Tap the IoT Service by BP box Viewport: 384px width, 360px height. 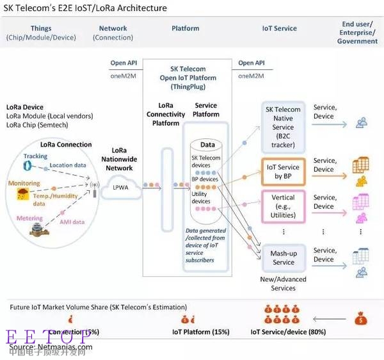click(x=283, y=171)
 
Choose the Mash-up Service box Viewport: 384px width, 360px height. click(x=283, y=258)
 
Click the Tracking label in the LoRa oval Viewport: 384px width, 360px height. click(x=36, y=156)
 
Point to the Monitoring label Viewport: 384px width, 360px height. click(x=24, y=184)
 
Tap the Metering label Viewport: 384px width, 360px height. click(x=29, y=218)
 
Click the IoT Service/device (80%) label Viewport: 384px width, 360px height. click(x=288, y=332)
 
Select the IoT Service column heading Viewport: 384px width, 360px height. click(x=279, y=28)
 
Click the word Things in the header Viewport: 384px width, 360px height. click(x=41, y=28)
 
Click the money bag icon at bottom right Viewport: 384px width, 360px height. click(x=361, y=317)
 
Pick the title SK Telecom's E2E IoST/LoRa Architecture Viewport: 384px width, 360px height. click(x=85, y=8)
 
